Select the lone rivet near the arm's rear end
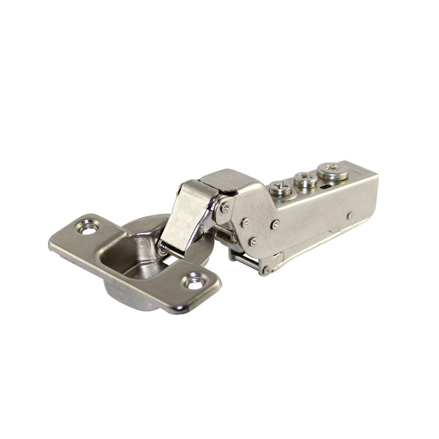click(x=349, y=216)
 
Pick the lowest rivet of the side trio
click(x=253, y=241)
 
